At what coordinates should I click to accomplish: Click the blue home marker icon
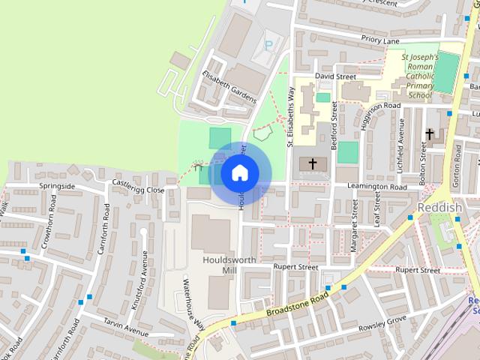pos(239,172)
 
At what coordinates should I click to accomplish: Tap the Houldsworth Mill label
pos(229,265)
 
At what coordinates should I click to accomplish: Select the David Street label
pos(334,76)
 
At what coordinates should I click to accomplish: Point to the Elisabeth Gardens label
pos(229,87)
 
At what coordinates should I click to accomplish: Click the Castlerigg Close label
pos(138,187)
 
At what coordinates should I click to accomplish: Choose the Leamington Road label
pos(376,187)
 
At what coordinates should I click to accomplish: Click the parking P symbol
pos(268,46)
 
